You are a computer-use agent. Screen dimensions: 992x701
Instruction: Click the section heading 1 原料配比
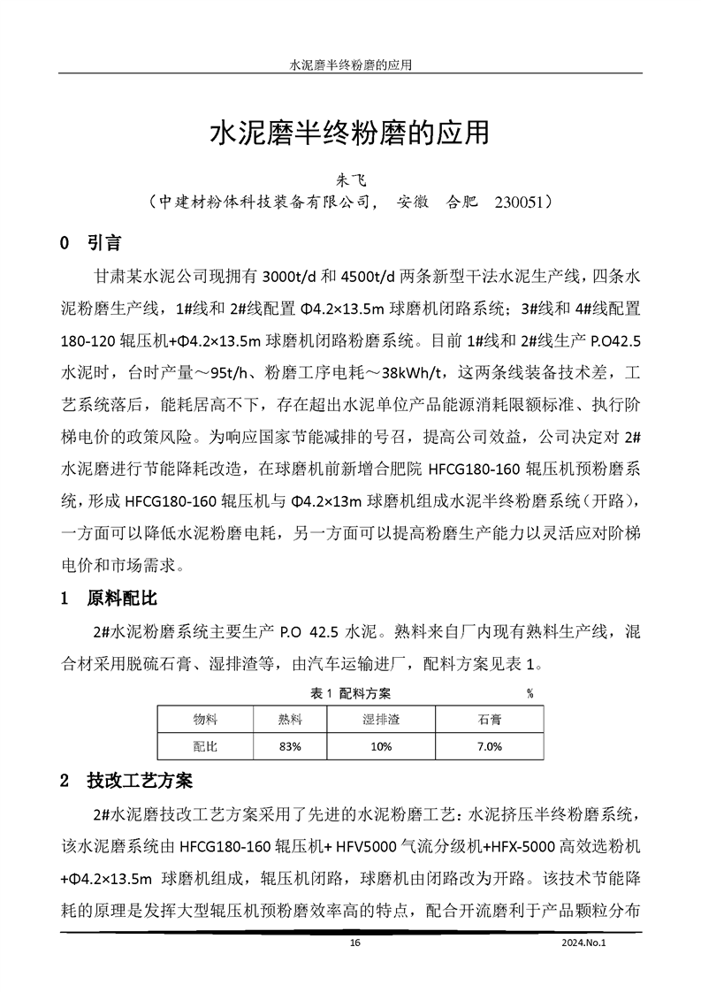[x=108, y=599]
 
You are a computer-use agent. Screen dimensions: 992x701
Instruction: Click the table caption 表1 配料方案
[x=351, y=692]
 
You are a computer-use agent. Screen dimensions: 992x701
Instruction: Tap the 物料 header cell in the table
[x=205, y=720]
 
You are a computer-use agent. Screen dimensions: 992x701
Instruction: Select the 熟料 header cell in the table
[x=290, y=720]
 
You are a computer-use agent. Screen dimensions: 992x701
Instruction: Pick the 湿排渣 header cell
[x=382, y=720]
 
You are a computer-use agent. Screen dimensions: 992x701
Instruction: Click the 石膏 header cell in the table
[x=489, y=720]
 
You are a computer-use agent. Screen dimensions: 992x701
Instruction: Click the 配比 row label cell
[x=205, y=746]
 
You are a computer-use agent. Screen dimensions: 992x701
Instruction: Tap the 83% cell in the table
[x=290, y=746]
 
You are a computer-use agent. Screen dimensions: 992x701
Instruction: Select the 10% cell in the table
[x=382, y=746]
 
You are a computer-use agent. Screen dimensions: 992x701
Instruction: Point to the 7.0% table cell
[x=489, y=746]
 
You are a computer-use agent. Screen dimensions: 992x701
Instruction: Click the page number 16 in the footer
[x=355, y=942]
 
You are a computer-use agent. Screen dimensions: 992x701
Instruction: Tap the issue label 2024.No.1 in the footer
[x=585, y=942]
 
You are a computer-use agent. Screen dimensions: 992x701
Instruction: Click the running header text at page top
[x=351, y=65]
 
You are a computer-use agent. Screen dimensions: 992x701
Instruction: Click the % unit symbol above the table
[x=530, y=692]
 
